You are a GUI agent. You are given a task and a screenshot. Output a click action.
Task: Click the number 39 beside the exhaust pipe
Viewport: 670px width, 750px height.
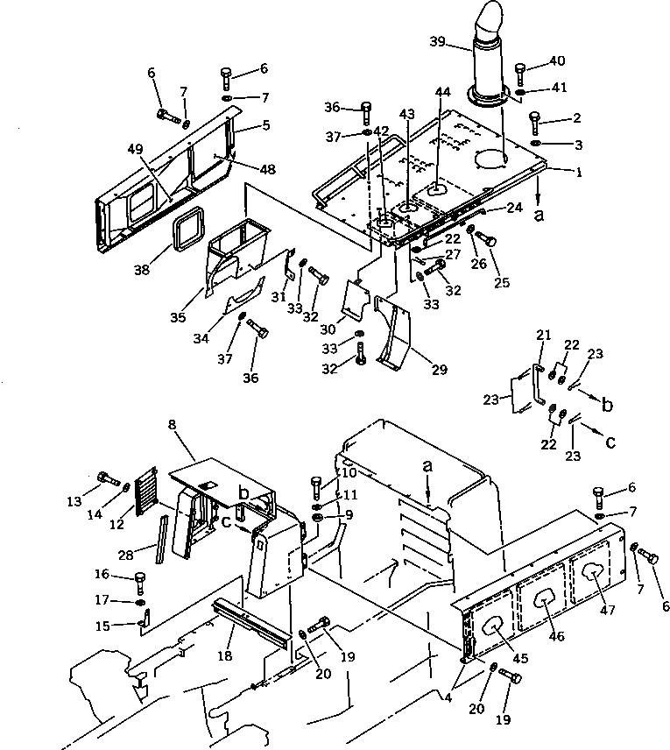437,41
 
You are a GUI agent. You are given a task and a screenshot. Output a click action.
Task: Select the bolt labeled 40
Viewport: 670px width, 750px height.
520,74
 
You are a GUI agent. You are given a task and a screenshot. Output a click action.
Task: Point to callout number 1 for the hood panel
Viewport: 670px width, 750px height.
579,172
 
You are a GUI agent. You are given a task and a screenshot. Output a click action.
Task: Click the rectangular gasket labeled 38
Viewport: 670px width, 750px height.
188,229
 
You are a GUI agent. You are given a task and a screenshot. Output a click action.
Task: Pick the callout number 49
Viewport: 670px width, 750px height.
136,149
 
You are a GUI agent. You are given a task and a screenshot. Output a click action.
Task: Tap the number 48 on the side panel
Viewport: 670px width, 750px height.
268,169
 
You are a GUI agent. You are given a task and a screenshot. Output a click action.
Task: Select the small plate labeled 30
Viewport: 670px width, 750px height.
356,301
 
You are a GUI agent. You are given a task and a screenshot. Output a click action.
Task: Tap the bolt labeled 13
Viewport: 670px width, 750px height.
109,478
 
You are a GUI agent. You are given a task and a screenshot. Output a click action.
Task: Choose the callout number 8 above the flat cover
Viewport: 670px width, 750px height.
173,425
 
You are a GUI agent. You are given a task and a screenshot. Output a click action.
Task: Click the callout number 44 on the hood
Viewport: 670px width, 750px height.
443,92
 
